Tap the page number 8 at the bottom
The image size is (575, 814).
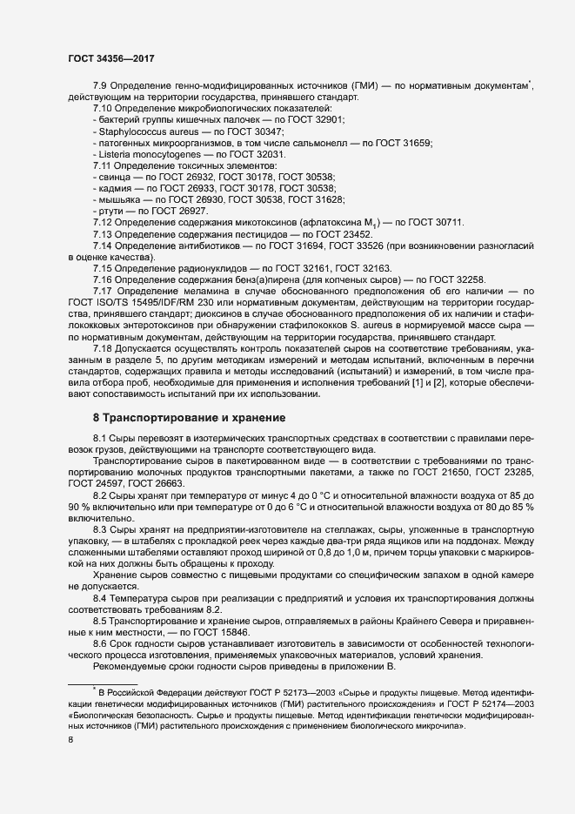tap(70, 740)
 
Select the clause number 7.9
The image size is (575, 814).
tap(101, 85)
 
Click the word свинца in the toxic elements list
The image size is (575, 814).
tap(115, 177)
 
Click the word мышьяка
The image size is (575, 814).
tap(119, 199)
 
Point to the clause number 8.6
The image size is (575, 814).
tap(101, 643)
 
